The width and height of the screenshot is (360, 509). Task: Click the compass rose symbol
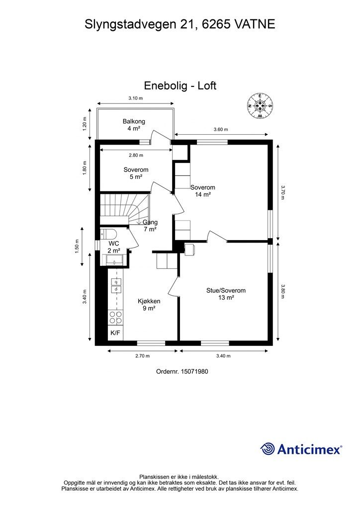click(259, 105)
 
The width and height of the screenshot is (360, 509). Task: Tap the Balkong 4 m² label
click(134, 125)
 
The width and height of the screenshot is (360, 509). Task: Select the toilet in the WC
click(108, 234)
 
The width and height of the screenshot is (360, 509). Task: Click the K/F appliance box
click(115, 333)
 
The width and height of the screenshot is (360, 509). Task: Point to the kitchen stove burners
click(115, 318)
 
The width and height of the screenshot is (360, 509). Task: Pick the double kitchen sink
click(115, 285)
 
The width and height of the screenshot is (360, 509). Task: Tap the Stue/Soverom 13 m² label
click(226, 294)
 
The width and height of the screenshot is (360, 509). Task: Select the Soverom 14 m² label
click(203, 191)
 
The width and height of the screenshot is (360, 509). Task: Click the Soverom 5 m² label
click(136, 173)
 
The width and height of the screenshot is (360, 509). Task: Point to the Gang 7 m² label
click(150, 226)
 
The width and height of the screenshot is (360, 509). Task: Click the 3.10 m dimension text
click(135, 98)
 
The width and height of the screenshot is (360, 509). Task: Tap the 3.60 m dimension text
click(221, 130)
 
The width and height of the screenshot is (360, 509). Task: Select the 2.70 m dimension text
click(142, 356)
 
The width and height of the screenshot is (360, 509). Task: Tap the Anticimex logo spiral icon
click(268, 449)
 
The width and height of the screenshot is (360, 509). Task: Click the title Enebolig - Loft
click(180, 85)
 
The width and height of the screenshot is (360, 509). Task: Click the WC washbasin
click(115, 260)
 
